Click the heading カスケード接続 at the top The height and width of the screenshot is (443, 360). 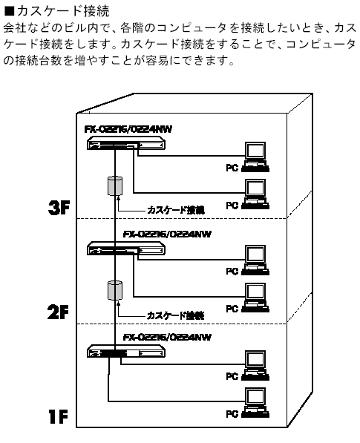(x=63, y=11)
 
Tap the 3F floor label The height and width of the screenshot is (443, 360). (x=59, y=208)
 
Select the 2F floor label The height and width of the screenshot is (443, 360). (x=58, y=312)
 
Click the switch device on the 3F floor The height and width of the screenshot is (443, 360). (x=125, y=143)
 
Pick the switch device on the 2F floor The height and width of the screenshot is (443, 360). (x=126, y=249)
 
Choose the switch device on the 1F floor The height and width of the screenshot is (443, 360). (x=126, y=351)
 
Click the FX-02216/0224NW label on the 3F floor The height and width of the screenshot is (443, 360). (x=128, y=129)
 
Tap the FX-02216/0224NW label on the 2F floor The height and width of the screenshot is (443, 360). (x=167, y=234)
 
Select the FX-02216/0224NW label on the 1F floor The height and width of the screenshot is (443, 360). (x=167, y=338)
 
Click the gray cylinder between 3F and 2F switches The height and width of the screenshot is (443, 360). (x=115, y=186)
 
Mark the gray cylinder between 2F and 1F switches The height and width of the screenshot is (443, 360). (x=115, y=290)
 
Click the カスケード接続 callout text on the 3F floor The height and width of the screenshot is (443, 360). (x=176, y=210)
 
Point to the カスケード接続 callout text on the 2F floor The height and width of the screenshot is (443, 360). (x=175, y=315)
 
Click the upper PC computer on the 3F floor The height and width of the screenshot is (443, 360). (x=255, y=157)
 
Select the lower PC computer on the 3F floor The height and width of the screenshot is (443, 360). (x=255, y=194)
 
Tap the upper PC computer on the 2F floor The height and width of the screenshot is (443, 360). (x=255, y=260)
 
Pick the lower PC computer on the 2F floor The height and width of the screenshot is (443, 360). (x=255, y=298)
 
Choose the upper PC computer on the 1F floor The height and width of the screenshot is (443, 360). (x=255, y=365)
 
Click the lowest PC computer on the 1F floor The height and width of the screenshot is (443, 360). (x=255, y=403)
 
